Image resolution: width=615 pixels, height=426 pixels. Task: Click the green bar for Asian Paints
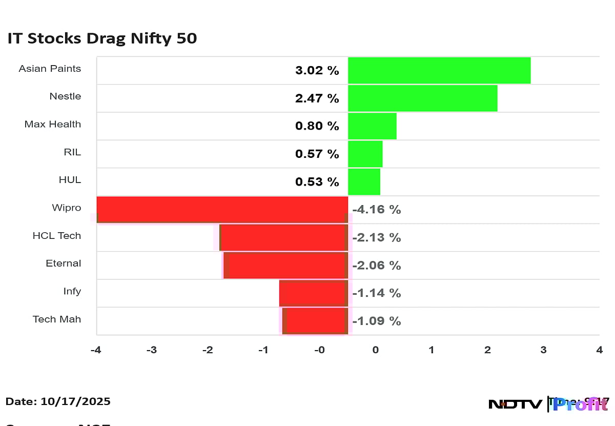point(439,70)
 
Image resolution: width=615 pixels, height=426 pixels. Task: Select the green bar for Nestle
point(422,98)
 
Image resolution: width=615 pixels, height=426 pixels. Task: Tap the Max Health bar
point(372,126)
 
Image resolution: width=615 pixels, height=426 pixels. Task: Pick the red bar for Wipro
point(222,209)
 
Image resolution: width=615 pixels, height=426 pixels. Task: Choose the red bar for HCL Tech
point(283,237)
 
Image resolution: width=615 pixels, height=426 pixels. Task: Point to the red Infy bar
point(314,293)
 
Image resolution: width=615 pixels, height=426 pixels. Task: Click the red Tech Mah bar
point(315,320)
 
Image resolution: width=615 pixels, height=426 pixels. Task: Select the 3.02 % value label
point(317,71)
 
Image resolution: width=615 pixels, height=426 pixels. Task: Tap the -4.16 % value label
point(377,210)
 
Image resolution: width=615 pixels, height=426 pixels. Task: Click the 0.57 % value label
point(317,154)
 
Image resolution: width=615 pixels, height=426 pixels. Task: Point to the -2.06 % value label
point(377,265)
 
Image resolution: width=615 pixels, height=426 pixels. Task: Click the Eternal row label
point(63,263)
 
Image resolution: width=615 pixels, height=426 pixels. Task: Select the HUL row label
point(70,180)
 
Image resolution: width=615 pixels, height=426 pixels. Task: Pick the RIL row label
point(72,152)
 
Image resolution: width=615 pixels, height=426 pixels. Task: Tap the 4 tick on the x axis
point(599,350)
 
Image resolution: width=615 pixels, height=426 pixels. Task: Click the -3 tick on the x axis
point(151,350)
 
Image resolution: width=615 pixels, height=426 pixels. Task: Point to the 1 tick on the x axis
point(432,350)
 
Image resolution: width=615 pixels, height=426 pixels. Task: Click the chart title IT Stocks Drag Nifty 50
point(102,38)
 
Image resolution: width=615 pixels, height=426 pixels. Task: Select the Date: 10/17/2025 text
point(58,401)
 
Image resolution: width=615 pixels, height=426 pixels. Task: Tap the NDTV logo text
point(515,404)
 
